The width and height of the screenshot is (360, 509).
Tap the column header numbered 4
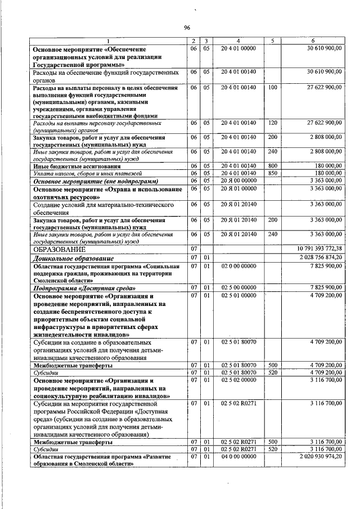click(238, 41)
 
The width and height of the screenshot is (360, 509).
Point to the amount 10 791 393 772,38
click(315, 249)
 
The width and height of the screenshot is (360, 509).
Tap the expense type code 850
click(273, 173)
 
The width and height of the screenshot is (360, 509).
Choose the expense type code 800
click(273, 166)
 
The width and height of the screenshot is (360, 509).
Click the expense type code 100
click(273, 88)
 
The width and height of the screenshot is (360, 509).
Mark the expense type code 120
click(273, 122)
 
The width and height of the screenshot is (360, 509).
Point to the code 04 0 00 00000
click(238, 457)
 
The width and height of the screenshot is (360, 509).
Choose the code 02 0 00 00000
click(238, 265)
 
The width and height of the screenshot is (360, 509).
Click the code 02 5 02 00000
click(238, 380)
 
